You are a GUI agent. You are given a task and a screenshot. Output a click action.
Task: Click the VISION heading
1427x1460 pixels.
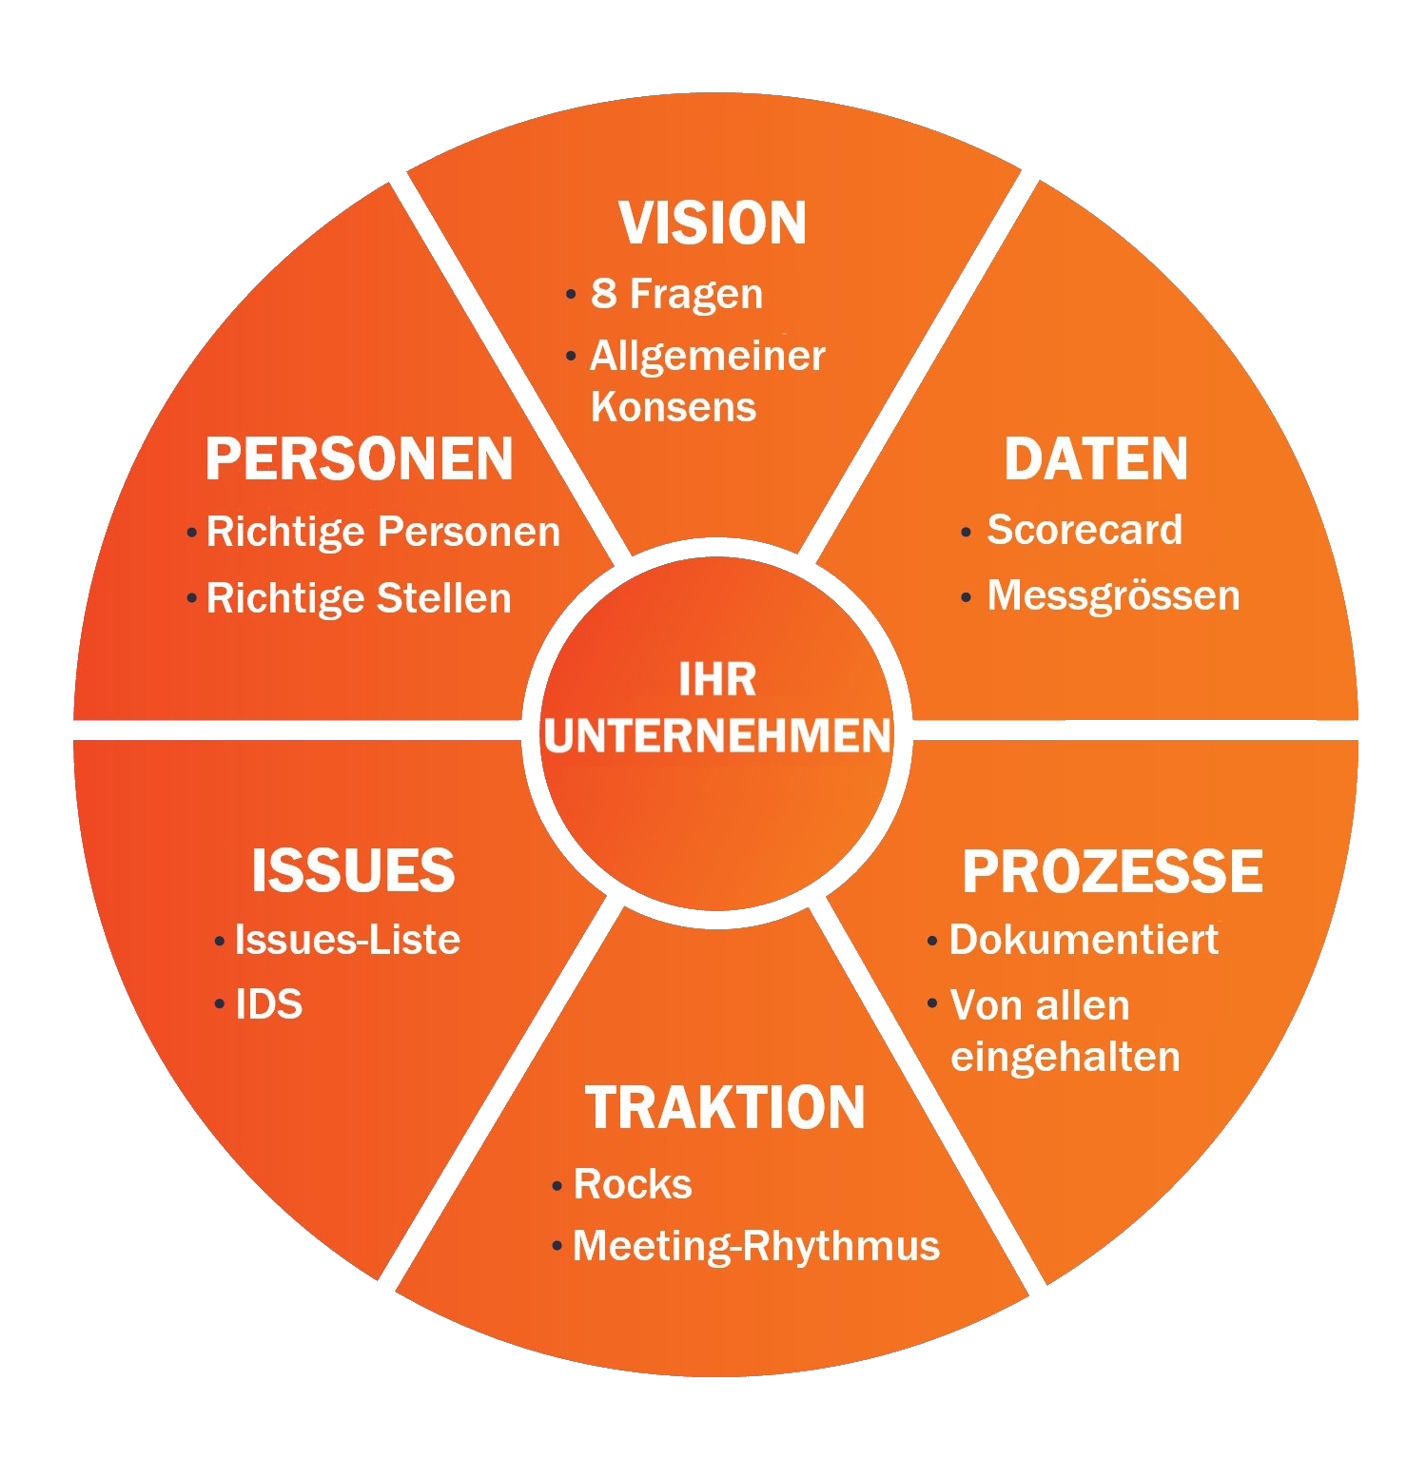click(713, 224)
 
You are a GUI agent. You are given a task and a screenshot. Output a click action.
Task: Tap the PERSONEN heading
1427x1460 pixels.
click(360, 459)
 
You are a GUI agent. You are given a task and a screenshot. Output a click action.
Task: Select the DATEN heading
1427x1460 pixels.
click(1096, 459)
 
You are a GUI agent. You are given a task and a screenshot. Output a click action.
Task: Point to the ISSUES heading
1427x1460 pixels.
click(353, 870)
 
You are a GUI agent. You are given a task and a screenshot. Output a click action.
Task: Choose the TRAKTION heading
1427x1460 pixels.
click(725, 1108)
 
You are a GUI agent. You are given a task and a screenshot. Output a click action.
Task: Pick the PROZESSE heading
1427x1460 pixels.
click(1112, 871)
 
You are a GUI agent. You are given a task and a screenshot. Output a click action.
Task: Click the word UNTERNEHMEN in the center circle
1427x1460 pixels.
click(718, 736)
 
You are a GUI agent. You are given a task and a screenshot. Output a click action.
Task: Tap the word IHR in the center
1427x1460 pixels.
click(717, 680)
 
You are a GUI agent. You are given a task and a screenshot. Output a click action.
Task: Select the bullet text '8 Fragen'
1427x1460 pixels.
click(676, 294)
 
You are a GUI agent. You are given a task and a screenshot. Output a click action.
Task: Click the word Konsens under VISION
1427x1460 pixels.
click(673, 407)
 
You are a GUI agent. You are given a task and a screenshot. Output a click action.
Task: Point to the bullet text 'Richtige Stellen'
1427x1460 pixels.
click(359, 598)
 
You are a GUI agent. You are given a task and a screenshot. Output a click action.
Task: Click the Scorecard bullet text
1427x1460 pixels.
click(1085, 530)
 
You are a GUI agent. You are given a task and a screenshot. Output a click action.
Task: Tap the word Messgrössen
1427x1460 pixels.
click(1113, 596)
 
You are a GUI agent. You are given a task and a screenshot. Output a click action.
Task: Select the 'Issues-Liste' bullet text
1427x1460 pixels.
click(347, 940)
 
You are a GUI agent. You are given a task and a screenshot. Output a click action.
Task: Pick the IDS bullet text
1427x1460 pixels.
click(269, 1004)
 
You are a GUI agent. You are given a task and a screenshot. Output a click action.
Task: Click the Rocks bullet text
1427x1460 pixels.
click(633, 1184)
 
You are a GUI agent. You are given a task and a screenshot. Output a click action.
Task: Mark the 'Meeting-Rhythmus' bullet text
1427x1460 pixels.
click(756, 1246)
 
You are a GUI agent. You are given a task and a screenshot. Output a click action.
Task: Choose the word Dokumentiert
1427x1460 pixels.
click(1084, 940)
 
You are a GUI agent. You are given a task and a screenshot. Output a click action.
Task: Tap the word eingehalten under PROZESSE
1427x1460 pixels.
click(1065, 1057)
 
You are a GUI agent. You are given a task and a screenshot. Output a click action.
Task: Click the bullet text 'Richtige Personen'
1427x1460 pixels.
click(383, 532)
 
